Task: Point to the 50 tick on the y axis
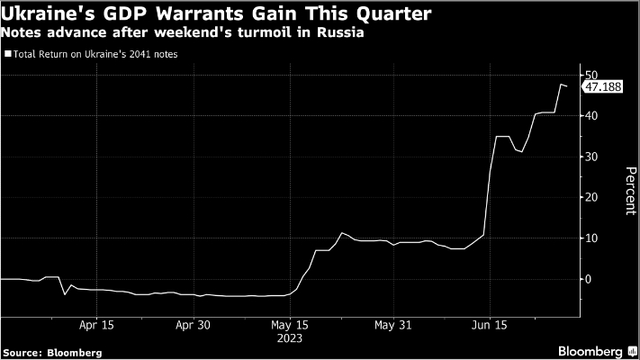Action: pos(590,75)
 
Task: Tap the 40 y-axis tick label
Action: pos(590,116)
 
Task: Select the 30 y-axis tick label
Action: pos(590,157)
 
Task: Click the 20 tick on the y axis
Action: pos(590,197)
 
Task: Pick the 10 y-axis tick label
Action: pos(590,238)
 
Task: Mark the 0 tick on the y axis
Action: pos(590,279)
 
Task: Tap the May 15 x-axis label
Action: pos(291,326)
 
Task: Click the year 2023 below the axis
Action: pos(291,339)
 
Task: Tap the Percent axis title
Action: pos(619,189)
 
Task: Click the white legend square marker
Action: pos(8,55)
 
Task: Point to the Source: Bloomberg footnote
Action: pos(51,352)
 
